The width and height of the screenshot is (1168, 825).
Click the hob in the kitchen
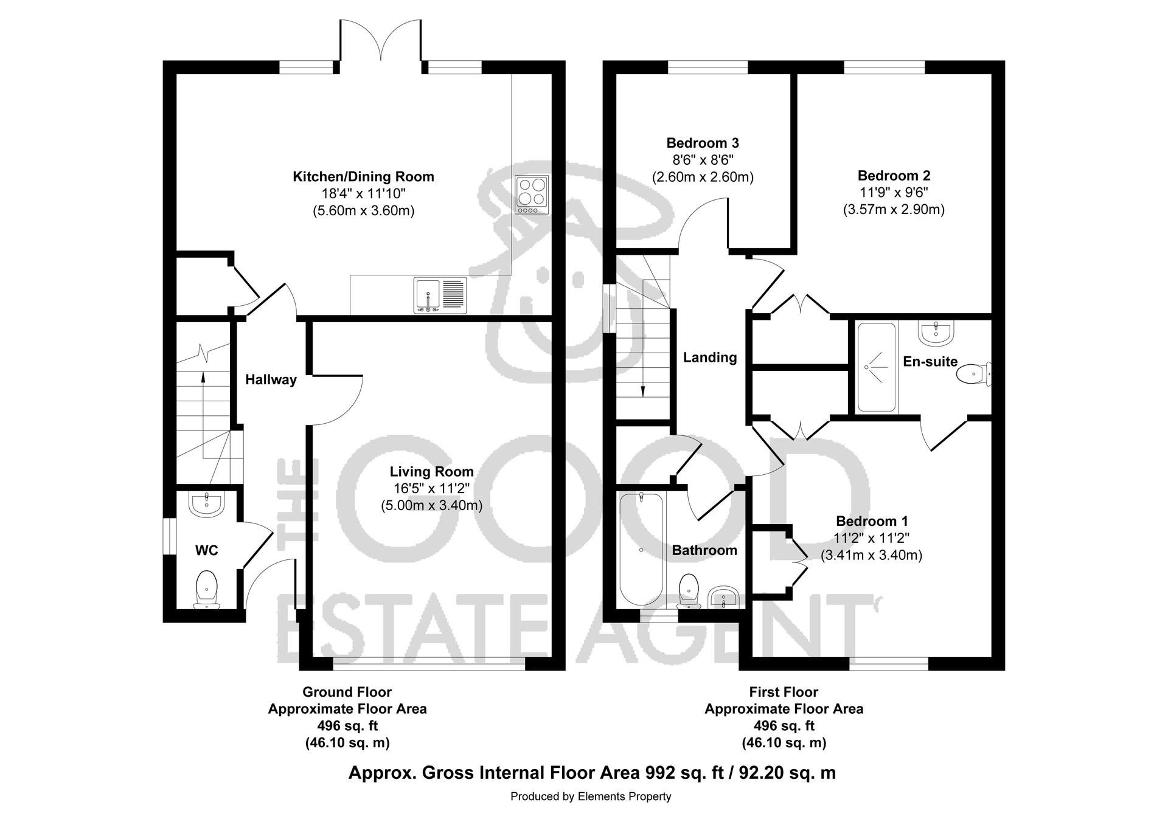coord(532,195)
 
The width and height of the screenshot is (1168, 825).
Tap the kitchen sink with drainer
coord(440,295)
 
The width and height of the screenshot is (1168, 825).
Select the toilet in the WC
coord(207,589)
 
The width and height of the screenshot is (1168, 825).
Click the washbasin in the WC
coord(207,504)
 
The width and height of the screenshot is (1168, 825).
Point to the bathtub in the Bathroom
coord(641,549)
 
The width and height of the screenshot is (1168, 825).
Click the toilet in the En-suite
coord(974,374)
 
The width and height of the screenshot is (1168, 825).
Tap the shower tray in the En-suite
coord(877,367)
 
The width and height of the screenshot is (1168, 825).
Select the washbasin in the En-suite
coord(935,332)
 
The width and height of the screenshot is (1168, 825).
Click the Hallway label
coord(271,380)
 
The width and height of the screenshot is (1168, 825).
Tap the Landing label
coord(710,357)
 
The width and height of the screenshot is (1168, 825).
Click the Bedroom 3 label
coord(703,143)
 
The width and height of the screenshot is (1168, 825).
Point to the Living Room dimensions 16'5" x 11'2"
coord(431,488)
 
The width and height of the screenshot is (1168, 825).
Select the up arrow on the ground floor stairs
coord(203,383)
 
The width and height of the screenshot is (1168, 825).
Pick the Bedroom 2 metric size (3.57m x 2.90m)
coord(894,210)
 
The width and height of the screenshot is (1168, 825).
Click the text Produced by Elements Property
coord(591,796)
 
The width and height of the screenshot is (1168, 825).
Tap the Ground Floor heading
coord(347,692)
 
